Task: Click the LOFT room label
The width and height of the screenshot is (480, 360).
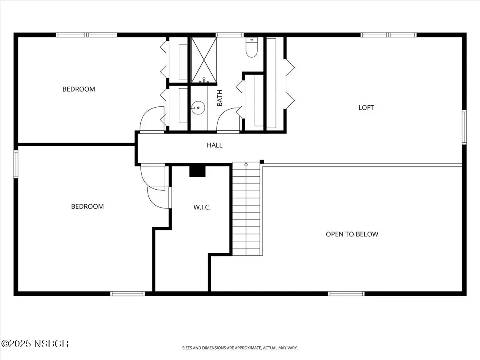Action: [x=366, y=108]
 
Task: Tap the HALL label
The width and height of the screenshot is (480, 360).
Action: [x=214, y=145]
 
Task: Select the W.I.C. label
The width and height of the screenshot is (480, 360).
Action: [x=202, y=207]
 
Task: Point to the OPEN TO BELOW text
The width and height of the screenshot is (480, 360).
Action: [x=352, y=234]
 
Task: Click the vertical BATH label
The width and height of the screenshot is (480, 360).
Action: [x=220, y=98]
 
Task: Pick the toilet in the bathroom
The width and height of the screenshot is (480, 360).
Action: [x=252, y=47]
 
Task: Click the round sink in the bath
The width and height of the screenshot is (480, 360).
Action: [x=198, y=108]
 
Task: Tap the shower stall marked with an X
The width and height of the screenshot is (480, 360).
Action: [x=204, y=60]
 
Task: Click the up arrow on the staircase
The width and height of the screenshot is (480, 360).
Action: [x=246, y=164]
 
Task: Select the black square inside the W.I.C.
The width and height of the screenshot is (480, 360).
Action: [x=197, y=172]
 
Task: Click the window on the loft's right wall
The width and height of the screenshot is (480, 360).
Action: [x=464, y=127]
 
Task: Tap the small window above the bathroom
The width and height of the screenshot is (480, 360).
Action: [x=229, y=35]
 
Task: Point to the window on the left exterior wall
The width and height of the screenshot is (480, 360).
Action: [x=16, y=164]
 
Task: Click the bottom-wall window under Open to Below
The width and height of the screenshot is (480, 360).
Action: [x=346, y=294]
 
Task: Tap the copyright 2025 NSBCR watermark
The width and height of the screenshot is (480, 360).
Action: [x=35, y=344]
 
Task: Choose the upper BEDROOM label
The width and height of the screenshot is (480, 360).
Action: [x=79, y=89]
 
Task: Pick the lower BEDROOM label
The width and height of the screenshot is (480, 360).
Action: [x=88, y=206]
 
